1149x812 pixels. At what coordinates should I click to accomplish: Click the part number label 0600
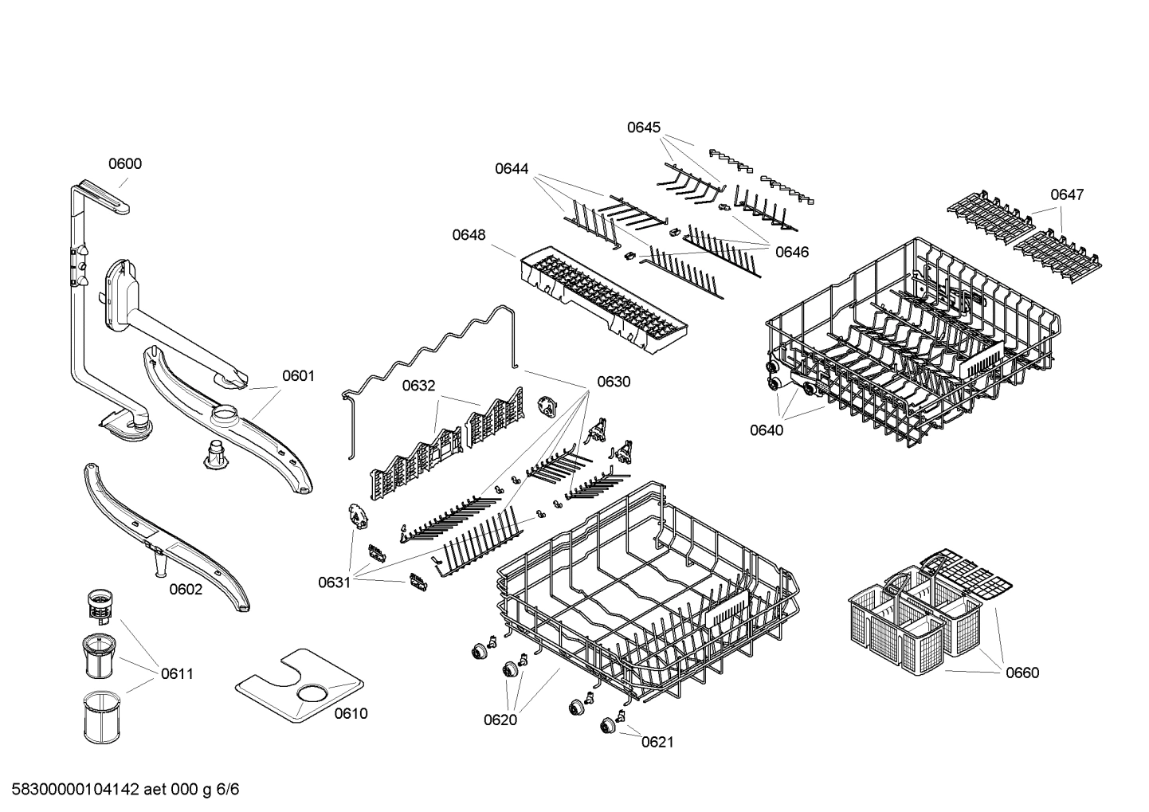click(x=125, y=164)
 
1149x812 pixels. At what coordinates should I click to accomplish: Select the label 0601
click(x=298, y=375)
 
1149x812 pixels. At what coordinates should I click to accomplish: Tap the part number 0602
click(x=186, y=590)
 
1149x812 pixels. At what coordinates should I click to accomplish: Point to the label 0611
click(x=177, y=674)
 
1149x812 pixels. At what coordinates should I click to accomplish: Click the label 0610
click(x=351, y=714)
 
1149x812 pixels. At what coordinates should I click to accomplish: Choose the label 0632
click(x=418, y=386)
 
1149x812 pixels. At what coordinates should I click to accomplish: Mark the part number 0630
click(x=614, y=382)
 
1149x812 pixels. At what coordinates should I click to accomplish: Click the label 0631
click(x=335, y=583)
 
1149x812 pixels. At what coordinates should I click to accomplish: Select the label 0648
click(x=469, y=235)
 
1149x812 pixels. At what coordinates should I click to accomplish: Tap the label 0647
click(x=1066, y=194)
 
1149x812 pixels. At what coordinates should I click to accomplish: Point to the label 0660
click(x=1022, y=673)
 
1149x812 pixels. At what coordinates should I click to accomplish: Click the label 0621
click(x=657, y=743)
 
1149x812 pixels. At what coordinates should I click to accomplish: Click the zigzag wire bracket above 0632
click(x=430, y=359)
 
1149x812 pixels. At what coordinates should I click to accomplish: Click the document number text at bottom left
click(x=120, y=790)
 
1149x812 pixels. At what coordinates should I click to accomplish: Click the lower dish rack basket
click(x=645, y=590)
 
